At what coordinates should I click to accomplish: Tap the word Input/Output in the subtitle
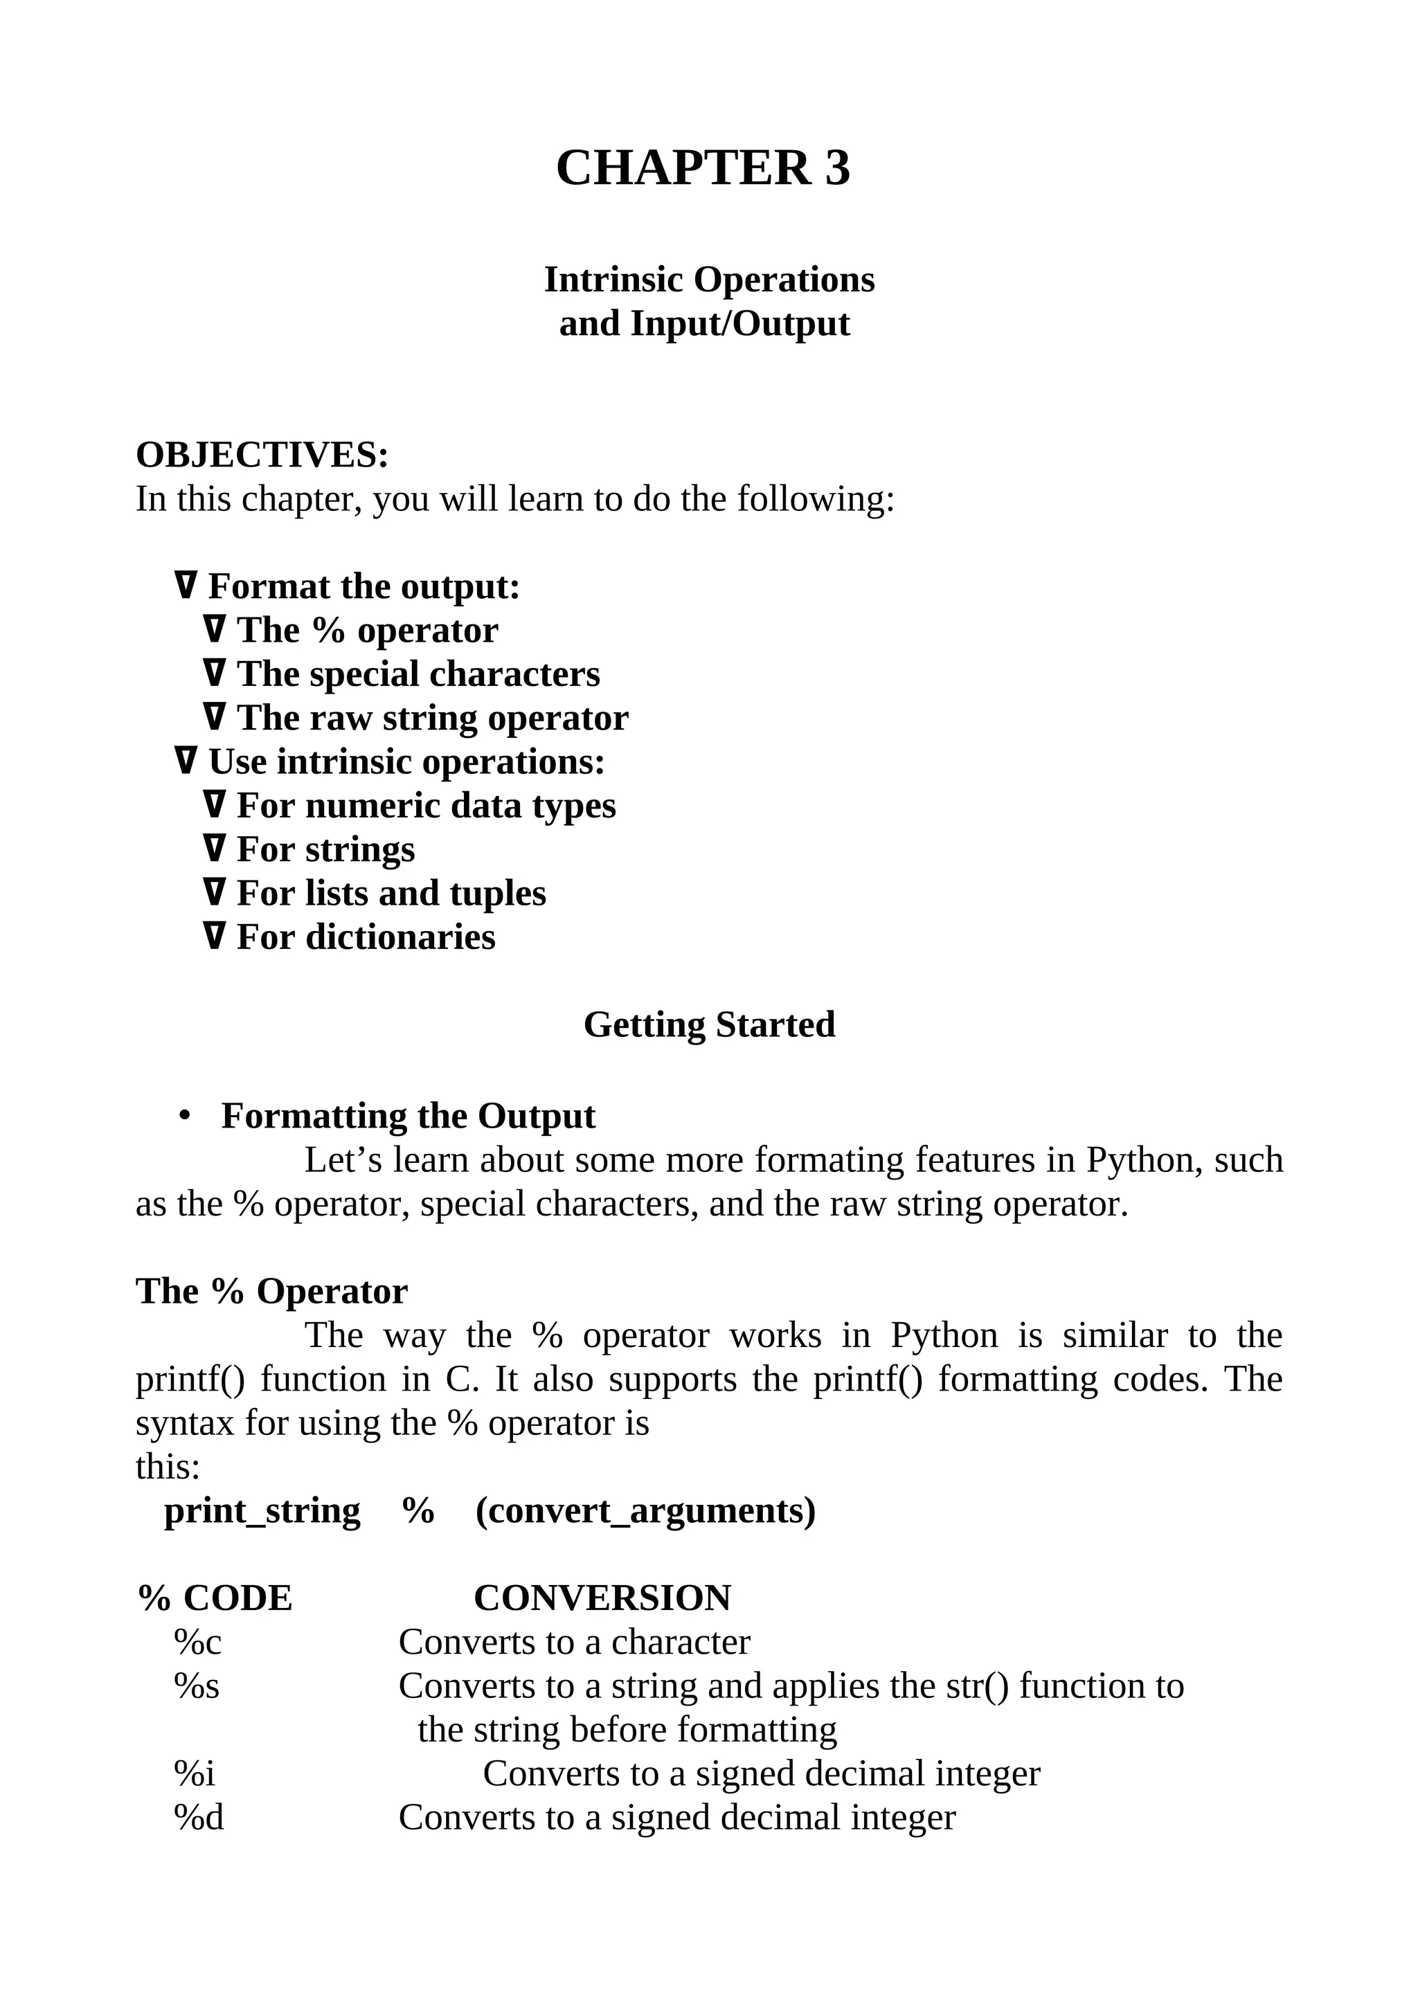739,324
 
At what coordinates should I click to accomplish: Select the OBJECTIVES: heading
262,455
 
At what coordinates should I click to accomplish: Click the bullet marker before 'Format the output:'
186,586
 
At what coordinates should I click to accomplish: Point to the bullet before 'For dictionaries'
214,937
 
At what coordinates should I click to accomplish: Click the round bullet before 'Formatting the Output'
184,1117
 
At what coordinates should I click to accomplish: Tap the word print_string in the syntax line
262,1512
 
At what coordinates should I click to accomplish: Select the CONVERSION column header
602,1599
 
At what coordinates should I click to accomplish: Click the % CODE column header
215,1599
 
